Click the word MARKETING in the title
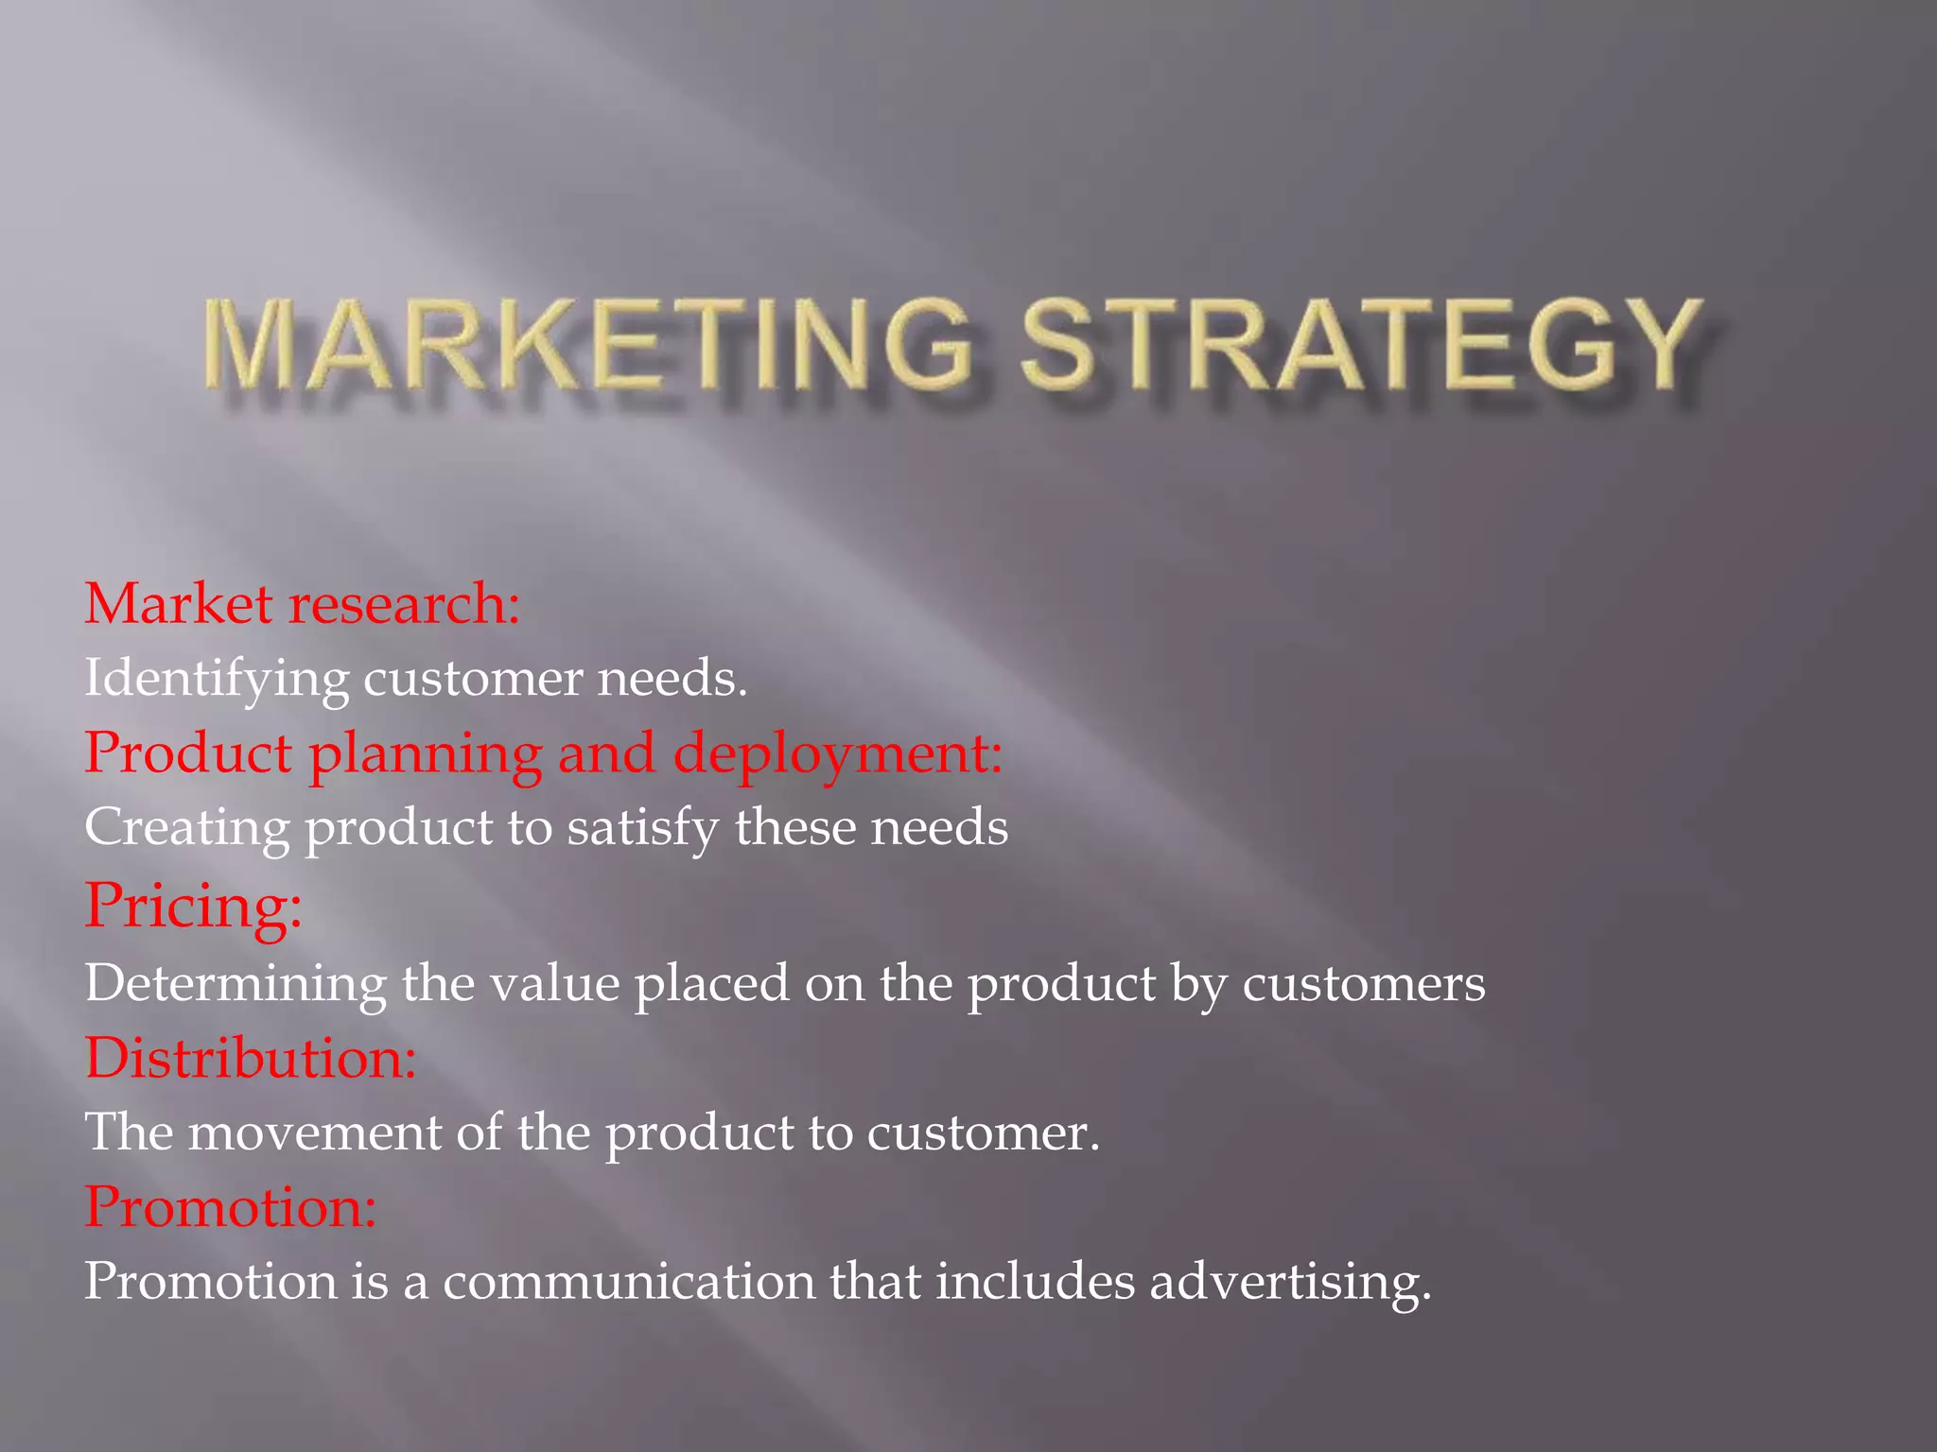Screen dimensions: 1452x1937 point(586,344)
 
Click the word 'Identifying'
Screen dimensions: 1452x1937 point(216,680)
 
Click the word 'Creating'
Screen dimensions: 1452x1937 point(186,828)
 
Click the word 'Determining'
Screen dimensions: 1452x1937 point(236,983)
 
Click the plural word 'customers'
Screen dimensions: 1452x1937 point(1363,983)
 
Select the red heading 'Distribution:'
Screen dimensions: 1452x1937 point(251,1058)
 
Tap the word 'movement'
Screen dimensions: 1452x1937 point(315,1132)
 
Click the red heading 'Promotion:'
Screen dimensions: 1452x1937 point(231,1207)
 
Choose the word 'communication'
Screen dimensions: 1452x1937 point(629,1283)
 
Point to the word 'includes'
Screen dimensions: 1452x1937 point(1036,1283)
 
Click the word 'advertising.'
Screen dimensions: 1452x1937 point(1290,1283)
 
